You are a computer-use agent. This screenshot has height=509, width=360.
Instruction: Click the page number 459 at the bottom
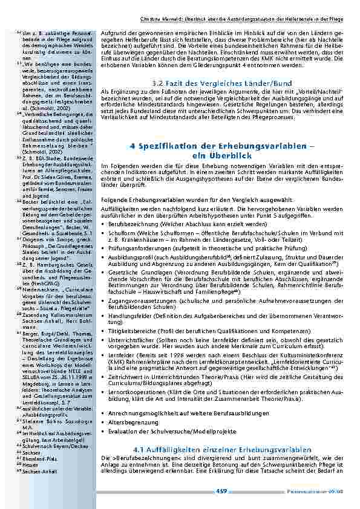(x=221, y=492)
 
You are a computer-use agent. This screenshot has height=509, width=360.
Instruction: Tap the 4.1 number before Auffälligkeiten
(x=140, y=450)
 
